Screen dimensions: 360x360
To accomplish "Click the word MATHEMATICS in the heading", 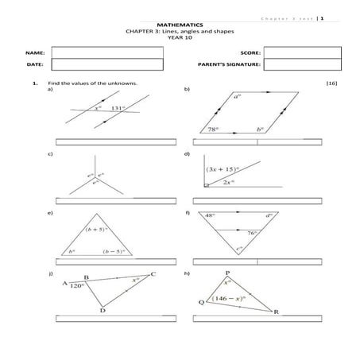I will pyautogui.click(x=180, y=25).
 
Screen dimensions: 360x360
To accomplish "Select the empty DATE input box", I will pyautogui.click(x=107, y=64).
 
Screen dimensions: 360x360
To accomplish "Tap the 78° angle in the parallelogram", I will pyautogui.click(x=214, y=128).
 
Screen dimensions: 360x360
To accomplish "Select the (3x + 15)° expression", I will pyautogui.click(x=223, y=169).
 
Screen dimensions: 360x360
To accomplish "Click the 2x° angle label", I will pyautogui.click(x=228, y=182).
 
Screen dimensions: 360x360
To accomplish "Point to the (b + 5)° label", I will pyautogui.click(x=96, y=229).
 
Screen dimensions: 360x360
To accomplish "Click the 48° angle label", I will pyautogui.click(x=210, y=215).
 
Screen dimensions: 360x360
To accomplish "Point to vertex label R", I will pyautogui.click(x=275, y=312).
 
